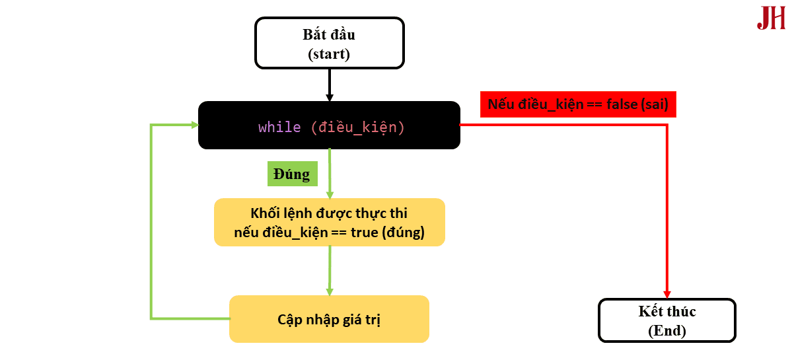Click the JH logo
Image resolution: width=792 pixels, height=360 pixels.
point(771,18)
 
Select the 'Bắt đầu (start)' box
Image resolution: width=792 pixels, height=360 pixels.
point(329,43)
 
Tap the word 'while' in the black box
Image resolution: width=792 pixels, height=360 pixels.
point(279,127)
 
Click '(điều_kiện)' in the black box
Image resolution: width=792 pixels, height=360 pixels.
point(357,127)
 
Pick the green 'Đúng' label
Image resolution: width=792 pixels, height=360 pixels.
point(291,174)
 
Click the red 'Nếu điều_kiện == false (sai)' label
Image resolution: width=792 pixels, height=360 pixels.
point(578,104)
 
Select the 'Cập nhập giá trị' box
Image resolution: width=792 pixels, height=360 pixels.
point(329,319)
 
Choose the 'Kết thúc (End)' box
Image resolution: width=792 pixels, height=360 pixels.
point(666,320)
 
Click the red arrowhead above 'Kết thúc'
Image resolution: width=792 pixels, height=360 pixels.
point(667,293)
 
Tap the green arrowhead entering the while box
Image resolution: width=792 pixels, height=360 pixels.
point(194,125)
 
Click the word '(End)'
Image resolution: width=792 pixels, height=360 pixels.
point(666,330)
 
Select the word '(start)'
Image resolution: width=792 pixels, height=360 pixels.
point(329,54)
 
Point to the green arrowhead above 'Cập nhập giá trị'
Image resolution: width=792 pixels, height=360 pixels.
point(329,291)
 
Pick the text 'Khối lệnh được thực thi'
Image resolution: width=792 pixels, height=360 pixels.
point(329,213)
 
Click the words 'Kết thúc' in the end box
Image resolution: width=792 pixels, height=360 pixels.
point(666,311)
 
